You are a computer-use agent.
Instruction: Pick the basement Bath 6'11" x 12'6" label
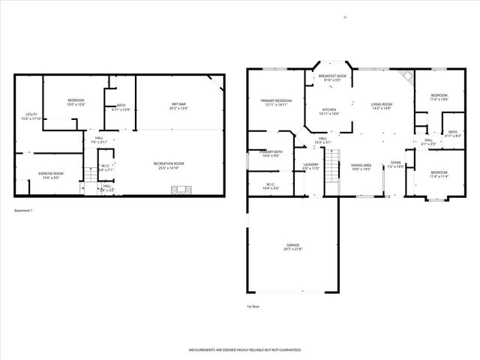click(121, 107)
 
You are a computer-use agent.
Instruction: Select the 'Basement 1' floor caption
click(25, 211)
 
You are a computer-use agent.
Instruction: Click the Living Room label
click(382, 106)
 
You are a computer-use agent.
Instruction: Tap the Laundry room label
click(310, 166)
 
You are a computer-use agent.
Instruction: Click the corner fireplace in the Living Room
click(405, 76)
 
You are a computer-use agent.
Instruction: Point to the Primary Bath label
click(272, 153)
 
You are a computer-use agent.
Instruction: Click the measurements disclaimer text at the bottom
click(244, 350)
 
